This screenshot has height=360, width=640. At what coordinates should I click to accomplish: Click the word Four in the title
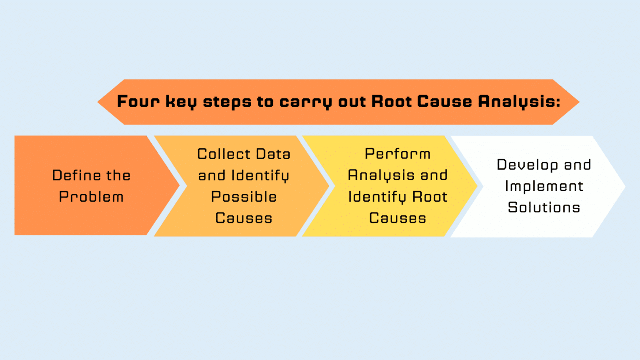(x=138, y=101)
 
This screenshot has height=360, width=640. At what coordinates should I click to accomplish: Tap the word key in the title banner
(x=181, y=102)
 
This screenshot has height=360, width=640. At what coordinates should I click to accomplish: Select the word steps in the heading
(x=227, y=102)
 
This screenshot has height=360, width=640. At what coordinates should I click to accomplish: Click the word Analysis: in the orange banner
(x=519, y=101)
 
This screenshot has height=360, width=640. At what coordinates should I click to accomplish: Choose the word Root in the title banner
(x=391, y=101)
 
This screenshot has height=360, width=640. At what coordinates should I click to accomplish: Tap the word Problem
(x=91, y=197)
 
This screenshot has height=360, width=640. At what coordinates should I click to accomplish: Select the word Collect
(x=224, y=154)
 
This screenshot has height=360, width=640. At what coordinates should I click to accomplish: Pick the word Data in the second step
(x=273, y=154)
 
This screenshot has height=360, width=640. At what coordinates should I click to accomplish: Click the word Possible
(x=244, y=197)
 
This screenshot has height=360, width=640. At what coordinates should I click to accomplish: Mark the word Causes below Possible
(x=244, y=218)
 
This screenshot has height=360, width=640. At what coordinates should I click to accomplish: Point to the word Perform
(x=397, y=154)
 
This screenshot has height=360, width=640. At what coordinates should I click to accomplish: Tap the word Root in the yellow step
(x=430, y=197)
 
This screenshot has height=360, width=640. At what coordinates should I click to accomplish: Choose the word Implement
(x=544, y=186)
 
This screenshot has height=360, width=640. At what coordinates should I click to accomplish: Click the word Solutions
(x=544, y=207)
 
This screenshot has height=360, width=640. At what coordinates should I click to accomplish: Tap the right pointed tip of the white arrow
(x=624, y=187)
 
